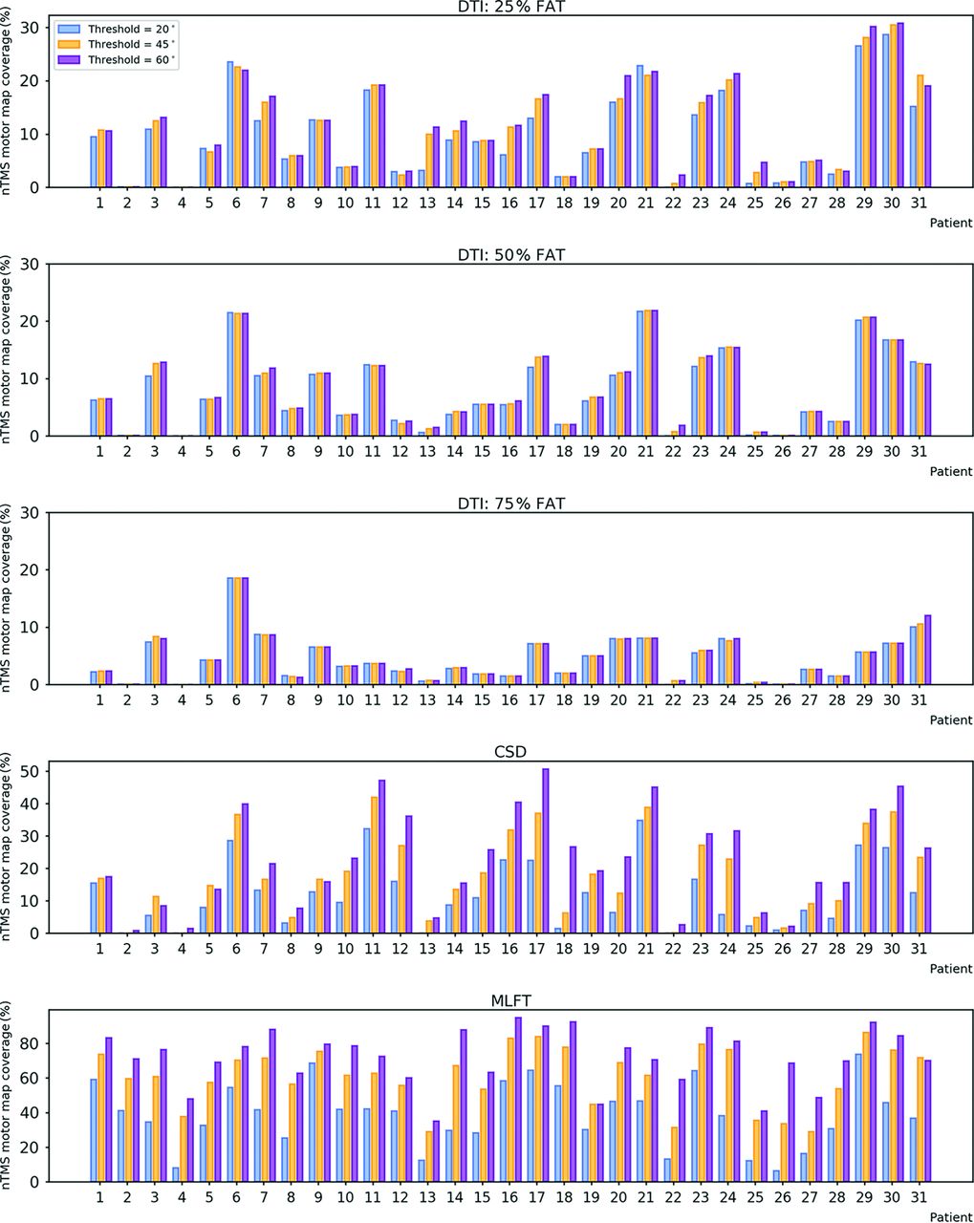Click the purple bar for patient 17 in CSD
coord(545,850)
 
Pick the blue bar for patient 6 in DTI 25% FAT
coord(230,124)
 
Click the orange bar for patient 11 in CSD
coord(375,865)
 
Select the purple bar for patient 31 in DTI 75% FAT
coord(927,650)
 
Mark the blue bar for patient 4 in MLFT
coord(176,1174)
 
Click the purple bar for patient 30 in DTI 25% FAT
coord(900,105)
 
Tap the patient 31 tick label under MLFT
coord(920,1197)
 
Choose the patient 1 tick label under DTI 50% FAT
coord(100,451)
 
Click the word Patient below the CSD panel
coord(950,968)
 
